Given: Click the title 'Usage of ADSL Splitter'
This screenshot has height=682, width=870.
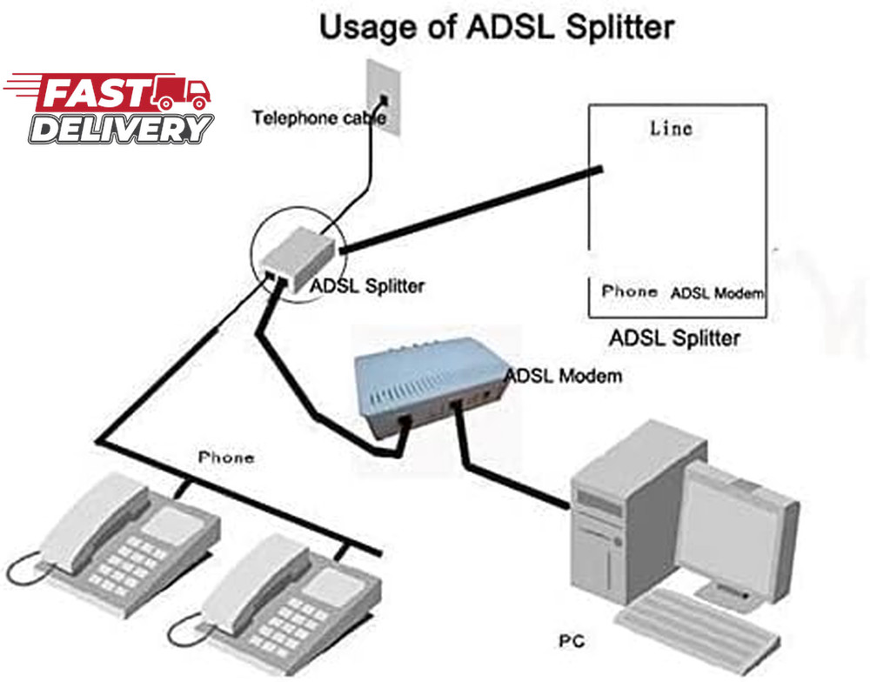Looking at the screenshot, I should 497,27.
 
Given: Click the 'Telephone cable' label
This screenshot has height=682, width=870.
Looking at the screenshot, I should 318,117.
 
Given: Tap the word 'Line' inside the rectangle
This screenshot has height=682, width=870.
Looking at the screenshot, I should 671,128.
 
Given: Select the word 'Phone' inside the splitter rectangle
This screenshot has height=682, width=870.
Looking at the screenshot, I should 629,291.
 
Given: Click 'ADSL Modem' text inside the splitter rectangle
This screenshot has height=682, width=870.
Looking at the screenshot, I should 717,293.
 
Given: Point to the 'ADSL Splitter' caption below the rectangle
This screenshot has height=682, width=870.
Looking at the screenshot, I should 674,338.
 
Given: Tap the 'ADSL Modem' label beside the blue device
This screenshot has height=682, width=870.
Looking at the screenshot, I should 564,376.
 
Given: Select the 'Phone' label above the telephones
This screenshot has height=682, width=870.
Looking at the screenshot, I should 226,457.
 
